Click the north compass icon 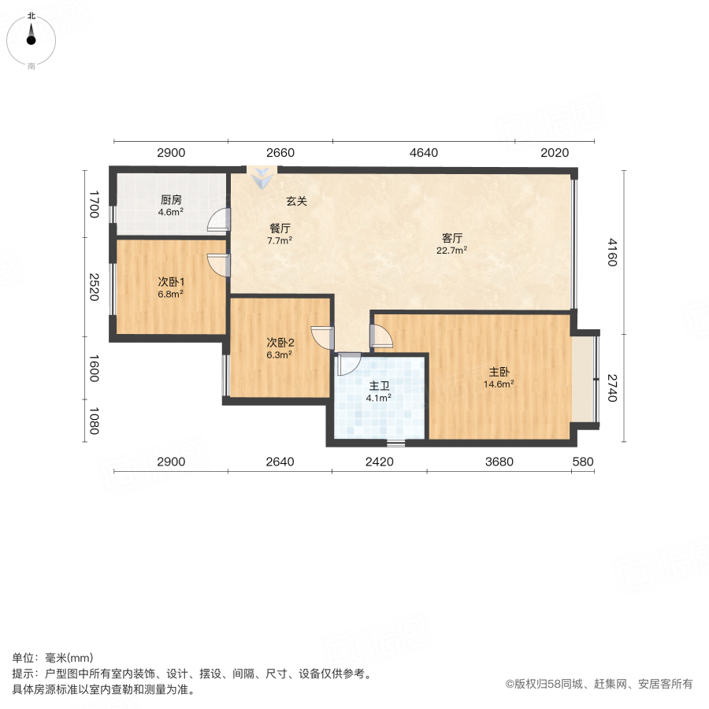[x=32, y=36]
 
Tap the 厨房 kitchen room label [x=171, y=199]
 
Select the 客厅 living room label [x=451, y=238]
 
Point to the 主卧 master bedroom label [x=499, y=372]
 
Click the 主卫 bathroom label [x=379, y=386]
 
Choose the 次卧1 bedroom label [x=170, y=281]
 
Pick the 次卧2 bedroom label [x=280, y=342]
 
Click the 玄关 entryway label [x=296, y=202]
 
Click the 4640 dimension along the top [x=424, y=153]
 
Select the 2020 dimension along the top [x=554, y=153]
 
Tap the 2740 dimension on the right [x=611, y=386]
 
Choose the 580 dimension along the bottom [x=584, y=462]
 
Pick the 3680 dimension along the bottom [x=499, y=462]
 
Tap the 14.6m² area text [x=499, y=384]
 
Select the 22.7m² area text [x=451, y=251]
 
